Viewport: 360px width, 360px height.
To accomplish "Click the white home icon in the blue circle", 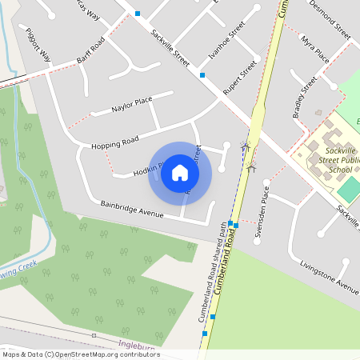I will (180, 173).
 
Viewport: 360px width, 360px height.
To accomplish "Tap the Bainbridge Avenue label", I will (132, 210).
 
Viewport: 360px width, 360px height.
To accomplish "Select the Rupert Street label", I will (240, 78).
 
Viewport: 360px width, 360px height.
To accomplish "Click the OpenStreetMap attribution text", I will (80, 354).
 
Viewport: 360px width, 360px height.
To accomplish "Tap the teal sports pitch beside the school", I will (349, 189).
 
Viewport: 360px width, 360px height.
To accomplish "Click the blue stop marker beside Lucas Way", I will (138, 14).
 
